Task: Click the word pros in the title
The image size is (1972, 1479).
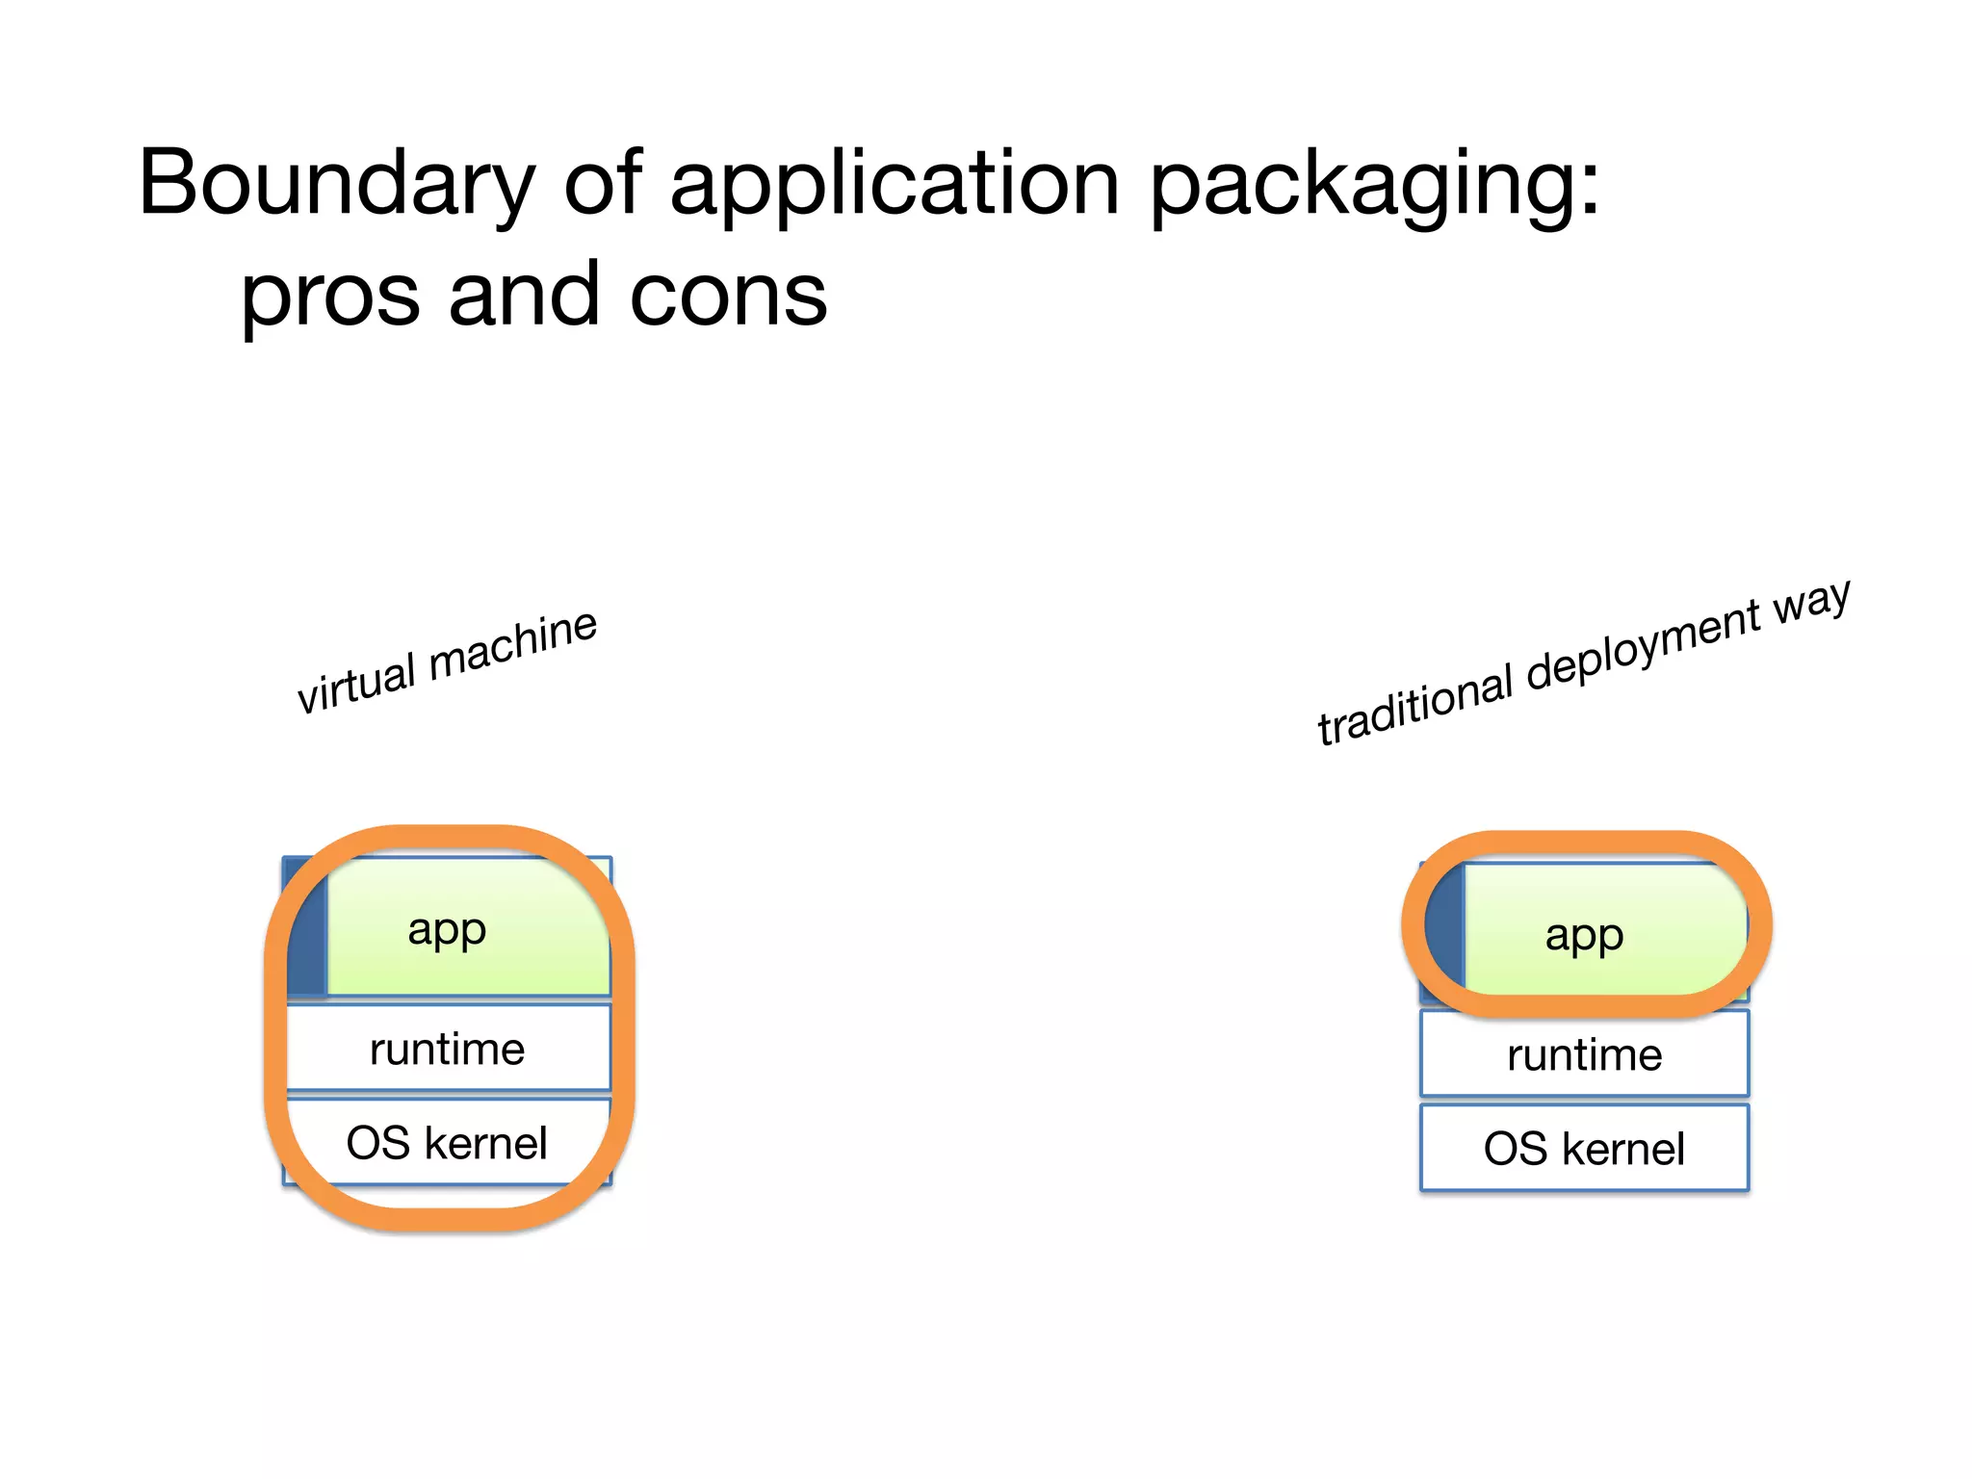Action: pyautogui.click(x=329, y=295)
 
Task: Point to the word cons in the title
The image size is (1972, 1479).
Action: pyautogui.click(x=728, y=295)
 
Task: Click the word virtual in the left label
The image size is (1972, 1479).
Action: pyautogui.click(x=355, y=683)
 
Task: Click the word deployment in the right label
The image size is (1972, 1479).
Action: pyautogui.click(x=1643, y=642)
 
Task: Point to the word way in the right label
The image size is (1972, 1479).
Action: pyautogui.click(x=1811, y=601)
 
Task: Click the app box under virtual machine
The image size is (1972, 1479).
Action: pyautogui.click(x=467, y=929)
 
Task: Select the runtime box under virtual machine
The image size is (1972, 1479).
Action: pyautogui.click(x=448, y=1049)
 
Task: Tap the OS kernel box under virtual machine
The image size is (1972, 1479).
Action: pyautogui.click(x=448, y=1143)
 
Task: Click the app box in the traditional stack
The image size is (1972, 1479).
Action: pyautogui.click(x=1603, y=934)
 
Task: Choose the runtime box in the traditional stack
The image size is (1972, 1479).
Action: pyautogui.click(x=1584, y=1054)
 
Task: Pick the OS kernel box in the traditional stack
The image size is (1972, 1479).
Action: pyautogui.click(x=1584, y=1148)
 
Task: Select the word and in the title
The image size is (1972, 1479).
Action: pyautogui.click(x=525, y=295)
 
